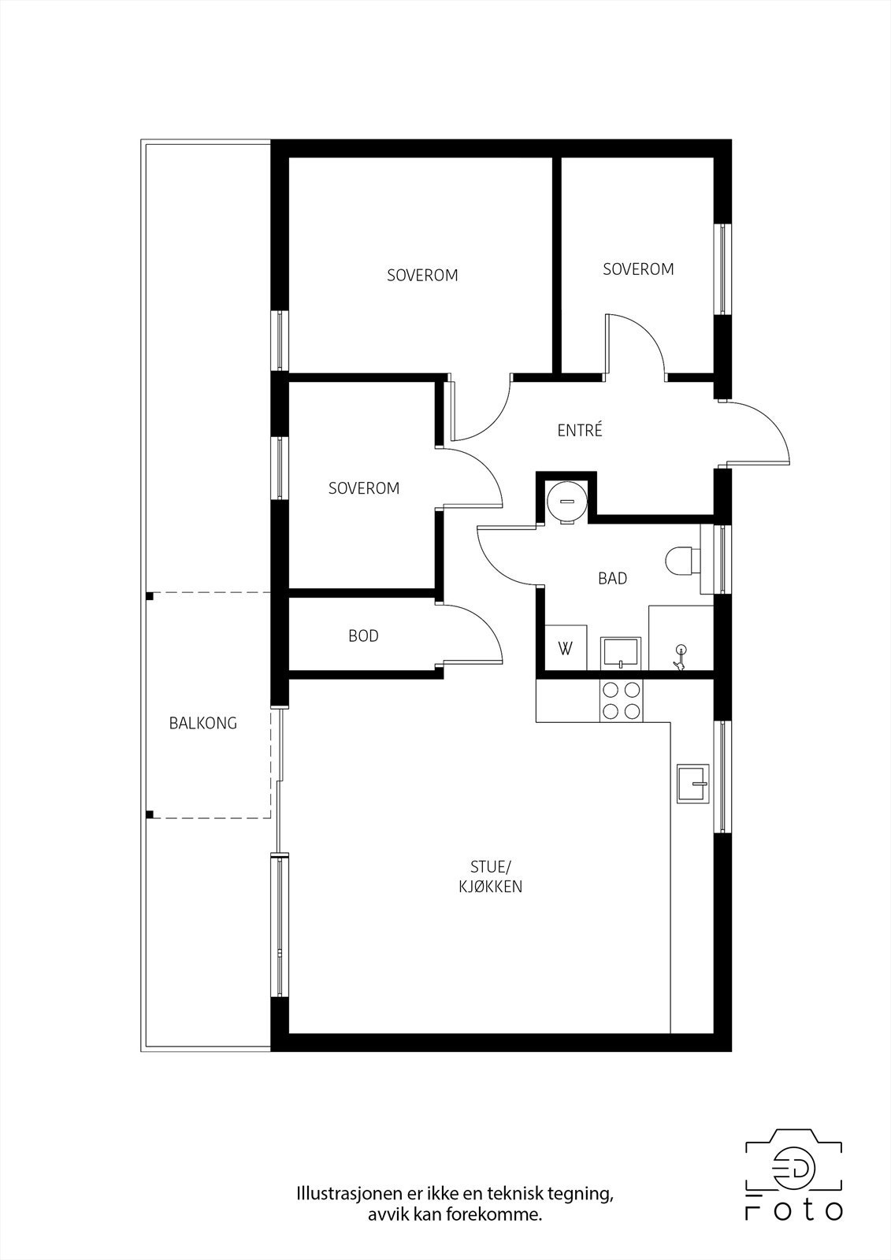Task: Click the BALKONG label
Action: pos(202,723)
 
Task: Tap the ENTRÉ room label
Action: pos(579,431)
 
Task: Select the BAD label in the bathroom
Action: pos(612,579)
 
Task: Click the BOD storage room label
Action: pos(363,636)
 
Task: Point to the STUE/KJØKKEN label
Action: pos(491,876)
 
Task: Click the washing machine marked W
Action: pos(566,649)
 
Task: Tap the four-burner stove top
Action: pos(621,700)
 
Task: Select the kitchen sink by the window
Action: pos(693,784)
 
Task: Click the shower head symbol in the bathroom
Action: pos(681,653)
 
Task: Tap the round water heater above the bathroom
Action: pos(566,499)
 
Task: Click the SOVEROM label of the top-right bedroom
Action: pos(638,269)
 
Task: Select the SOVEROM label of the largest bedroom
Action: pos(422,276)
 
